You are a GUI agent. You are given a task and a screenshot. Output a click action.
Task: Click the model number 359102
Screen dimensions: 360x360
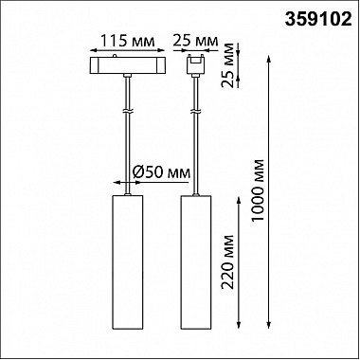click(318, 20)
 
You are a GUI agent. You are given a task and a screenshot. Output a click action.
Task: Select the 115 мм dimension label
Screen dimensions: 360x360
click(128, 41)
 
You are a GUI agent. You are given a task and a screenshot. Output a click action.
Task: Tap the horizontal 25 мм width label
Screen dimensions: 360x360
click(195, 41)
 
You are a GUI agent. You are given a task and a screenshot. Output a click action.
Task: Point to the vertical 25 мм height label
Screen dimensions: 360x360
click(228, 65)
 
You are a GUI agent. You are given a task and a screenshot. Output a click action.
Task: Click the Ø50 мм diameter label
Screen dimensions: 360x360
click(161, 172)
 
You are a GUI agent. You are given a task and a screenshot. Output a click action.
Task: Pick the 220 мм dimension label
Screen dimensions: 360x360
click(228, 261)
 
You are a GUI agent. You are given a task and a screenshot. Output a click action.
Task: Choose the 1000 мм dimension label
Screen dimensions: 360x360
click(258, 190)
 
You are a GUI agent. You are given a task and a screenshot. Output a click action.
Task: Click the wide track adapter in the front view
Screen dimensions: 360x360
click(128, 65)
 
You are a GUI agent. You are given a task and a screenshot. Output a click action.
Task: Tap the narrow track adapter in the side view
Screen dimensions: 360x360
click(196, 66)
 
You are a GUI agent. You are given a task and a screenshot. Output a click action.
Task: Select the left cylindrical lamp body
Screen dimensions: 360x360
click(128, 261)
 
